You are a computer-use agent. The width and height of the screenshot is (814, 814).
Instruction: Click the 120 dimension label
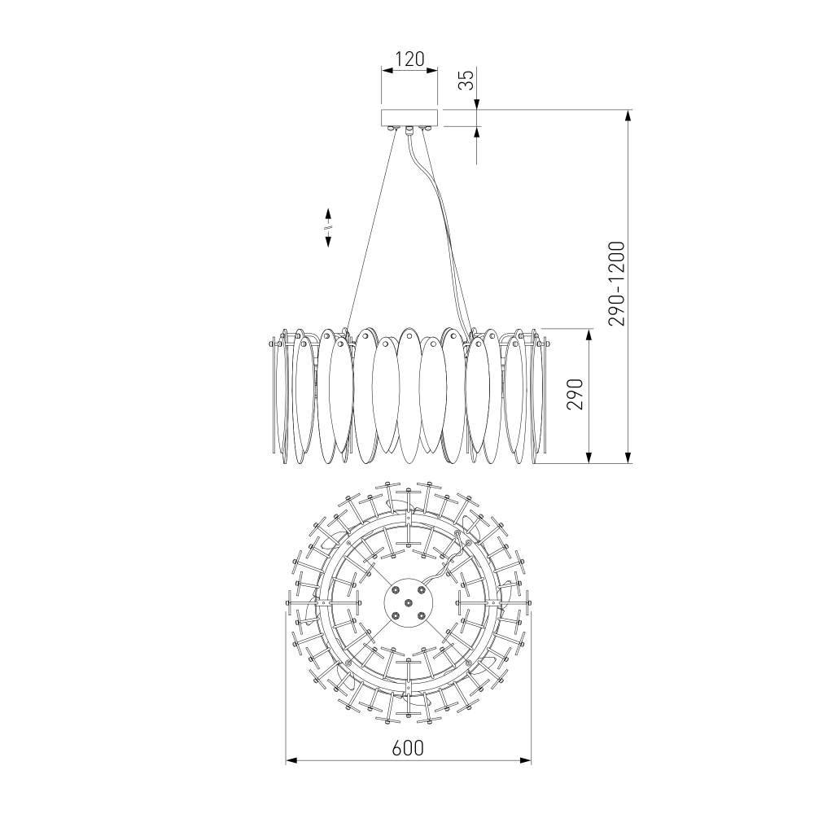coord(409,59)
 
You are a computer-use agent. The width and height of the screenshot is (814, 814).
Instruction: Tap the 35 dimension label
coord(467,80)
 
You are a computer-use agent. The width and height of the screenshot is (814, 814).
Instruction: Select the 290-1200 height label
coord(617,283)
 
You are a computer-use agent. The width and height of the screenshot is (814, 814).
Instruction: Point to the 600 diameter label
coord(408,748)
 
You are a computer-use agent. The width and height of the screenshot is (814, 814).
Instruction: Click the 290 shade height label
coord(575,395)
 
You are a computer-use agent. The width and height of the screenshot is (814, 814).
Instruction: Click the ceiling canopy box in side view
coord(409,117)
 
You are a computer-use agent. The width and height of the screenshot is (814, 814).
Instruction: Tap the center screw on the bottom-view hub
coord(409,602)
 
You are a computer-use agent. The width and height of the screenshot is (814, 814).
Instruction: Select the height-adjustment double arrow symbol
coord(328,227)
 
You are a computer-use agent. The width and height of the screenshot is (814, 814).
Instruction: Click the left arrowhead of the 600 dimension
coord(291,760)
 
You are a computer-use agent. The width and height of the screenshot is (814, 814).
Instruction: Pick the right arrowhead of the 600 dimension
coord(525,760)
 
